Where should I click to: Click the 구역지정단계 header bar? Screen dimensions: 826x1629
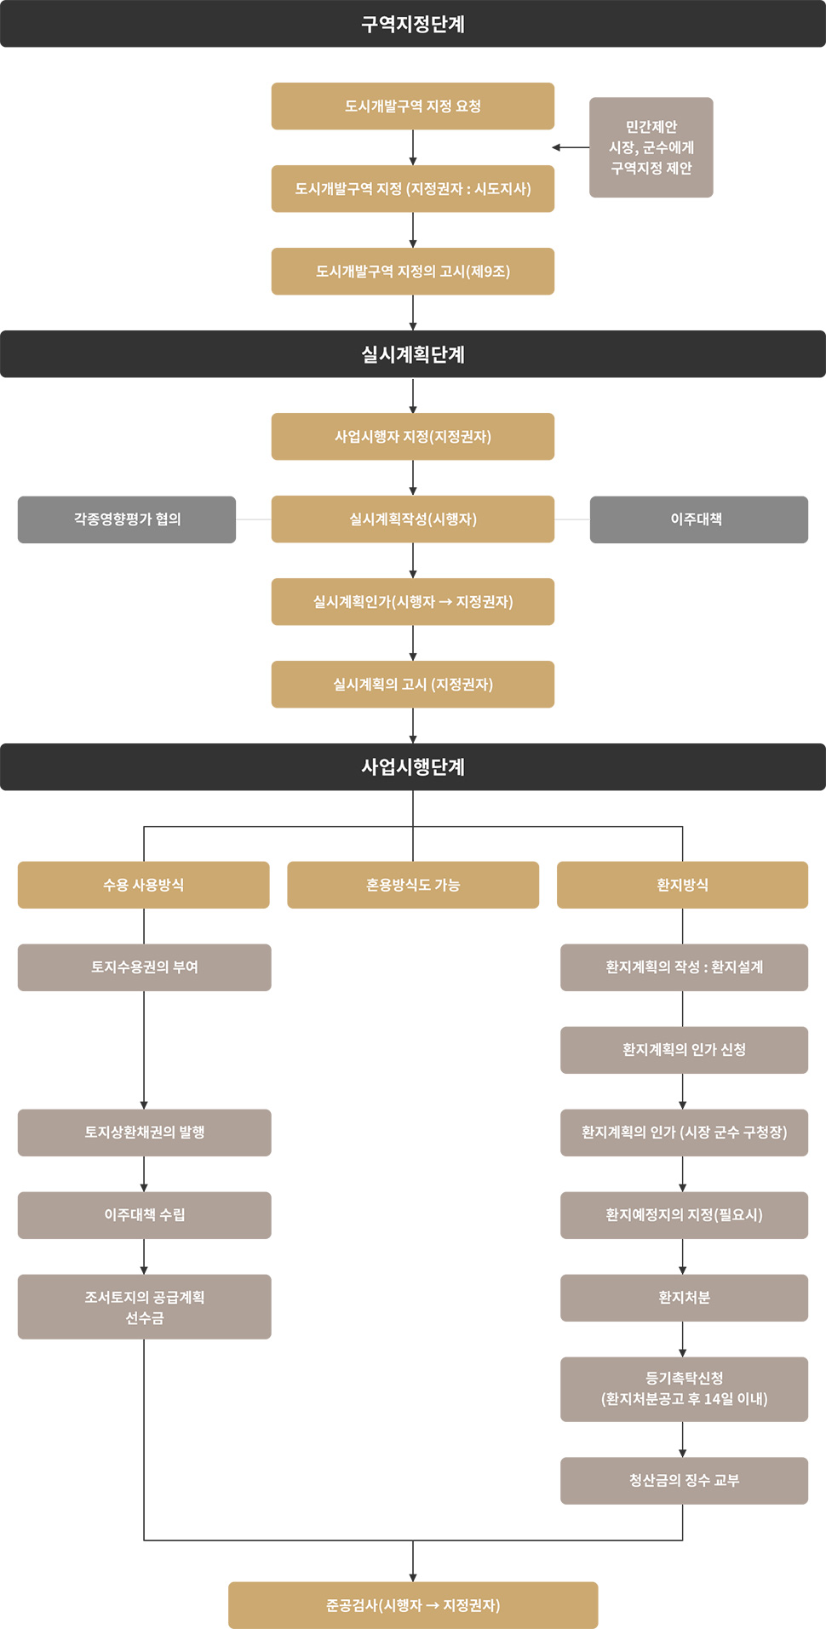click(413, 24)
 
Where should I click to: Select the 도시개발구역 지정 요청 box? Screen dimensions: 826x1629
click(413, 106)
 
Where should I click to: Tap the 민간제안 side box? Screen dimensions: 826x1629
click(651, 147)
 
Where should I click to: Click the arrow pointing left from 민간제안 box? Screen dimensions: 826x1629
click(571, 147)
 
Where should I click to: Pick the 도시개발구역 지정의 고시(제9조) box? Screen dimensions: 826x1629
click(413, 272)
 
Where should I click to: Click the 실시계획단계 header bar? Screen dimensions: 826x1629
click(413, 354)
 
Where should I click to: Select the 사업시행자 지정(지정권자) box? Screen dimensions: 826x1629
click(413, 437)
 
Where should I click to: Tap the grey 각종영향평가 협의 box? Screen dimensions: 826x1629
click(127, 519)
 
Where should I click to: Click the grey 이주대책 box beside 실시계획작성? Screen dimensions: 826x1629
click(699, 519)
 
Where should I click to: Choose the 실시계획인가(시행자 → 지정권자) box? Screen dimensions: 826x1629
click(413, 602)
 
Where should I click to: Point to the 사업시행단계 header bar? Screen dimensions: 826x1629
click(413, 767)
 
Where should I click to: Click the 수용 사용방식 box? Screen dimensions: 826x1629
click(144, 885)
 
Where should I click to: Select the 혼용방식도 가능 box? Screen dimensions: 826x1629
click(413, 885)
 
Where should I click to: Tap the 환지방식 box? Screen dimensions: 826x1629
click(682, 885)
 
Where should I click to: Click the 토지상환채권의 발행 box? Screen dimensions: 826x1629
click(145, 1133)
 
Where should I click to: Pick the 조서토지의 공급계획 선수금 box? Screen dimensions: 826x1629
click(145, 1307)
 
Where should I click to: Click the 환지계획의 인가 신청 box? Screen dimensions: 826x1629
click(684, 1050)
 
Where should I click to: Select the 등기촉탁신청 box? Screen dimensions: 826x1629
click(684, 1390)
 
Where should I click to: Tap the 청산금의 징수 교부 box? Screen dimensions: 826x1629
click(684, 1481)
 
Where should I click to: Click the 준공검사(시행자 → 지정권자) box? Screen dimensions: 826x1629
click(413, 1605)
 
